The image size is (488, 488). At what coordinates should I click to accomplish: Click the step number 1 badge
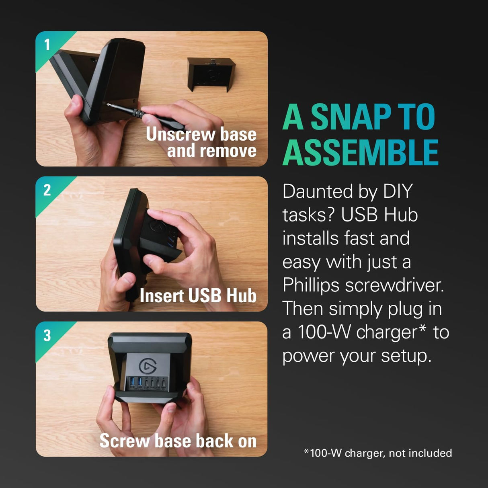(47, 45)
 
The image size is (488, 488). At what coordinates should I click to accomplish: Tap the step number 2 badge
(47, 190)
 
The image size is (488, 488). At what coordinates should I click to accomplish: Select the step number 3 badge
(47, 335)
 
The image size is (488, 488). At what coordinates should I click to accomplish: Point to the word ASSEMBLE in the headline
(361, 152)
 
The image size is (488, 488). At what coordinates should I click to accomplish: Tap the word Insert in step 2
(162, 295)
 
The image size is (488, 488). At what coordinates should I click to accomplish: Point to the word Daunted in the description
(318, 191)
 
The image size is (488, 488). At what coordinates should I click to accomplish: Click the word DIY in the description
(398, 191)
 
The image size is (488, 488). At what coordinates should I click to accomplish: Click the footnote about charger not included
(378, 453)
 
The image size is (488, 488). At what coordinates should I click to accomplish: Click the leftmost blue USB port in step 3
(132, 381)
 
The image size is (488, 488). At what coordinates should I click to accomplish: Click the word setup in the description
(406, 356)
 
